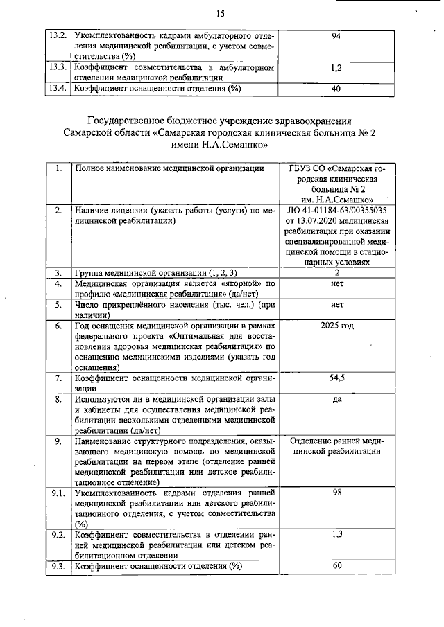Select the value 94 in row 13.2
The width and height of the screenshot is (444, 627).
(x=336, y=35)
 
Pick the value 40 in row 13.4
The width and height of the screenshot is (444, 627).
(x=336, y=89)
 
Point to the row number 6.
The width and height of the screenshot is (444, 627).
(x=58, y=326)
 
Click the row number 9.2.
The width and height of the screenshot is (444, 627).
(x=58, y=535)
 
